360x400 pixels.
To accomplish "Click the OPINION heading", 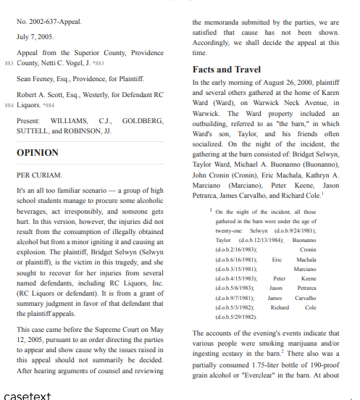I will (x=37, y=153).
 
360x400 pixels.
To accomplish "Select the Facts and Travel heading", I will (x=227, y=70).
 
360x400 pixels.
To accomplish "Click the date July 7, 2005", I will (x=35, y=36).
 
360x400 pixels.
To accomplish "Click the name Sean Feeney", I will (x=37, y=78).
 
